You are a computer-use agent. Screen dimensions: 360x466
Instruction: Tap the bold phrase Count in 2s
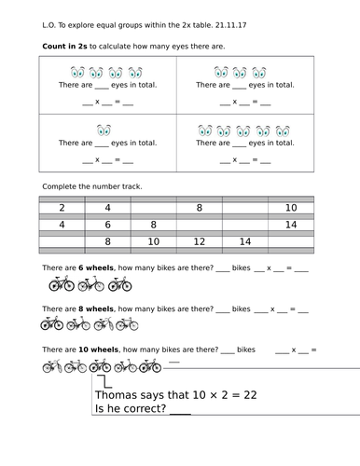click(66, 45)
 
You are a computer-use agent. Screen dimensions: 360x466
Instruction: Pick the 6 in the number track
click(107, 225)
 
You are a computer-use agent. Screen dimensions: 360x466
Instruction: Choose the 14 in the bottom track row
click(245, 242)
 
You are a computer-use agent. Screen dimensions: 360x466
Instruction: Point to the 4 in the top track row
click(107, 208)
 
